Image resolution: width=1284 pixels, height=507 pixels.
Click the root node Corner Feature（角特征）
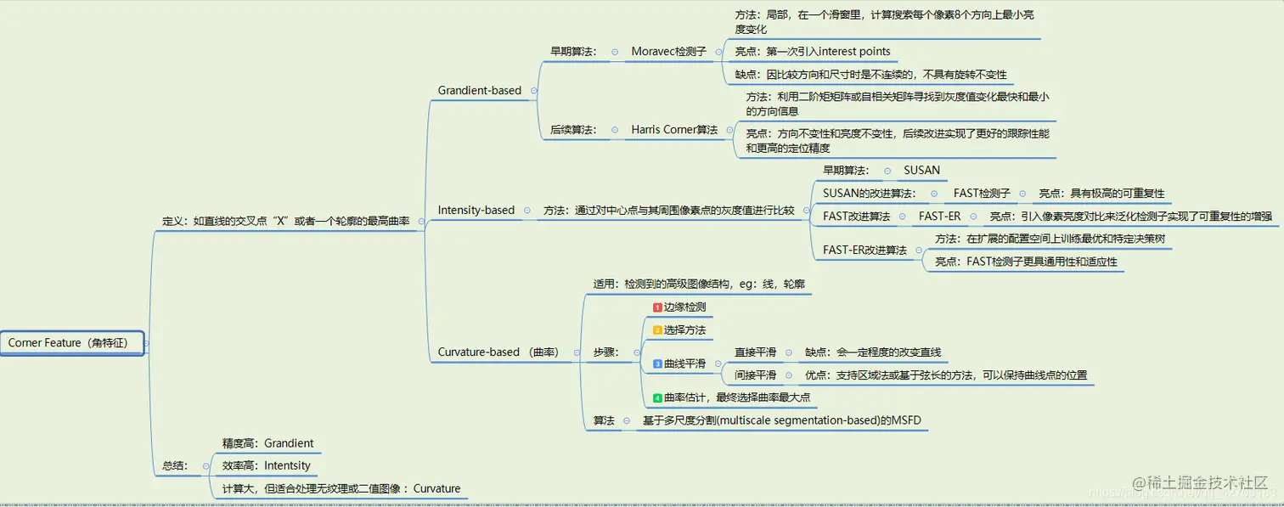click(x=72, y=343)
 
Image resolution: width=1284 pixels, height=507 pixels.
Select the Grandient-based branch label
click(x=479, y=90)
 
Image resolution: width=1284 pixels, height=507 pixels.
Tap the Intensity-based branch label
click(x=476, y=210)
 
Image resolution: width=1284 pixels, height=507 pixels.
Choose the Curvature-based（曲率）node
click(x=498, y=352)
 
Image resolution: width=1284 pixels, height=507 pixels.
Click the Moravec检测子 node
click(x=668, y=51)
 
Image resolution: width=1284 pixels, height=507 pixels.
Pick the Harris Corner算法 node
click(x=674, y=130)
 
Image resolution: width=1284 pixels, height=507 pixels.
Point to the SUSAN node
click(x=921, y=170)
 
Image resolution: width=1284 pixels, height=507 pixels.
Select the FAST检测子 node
click(x=982, y=194)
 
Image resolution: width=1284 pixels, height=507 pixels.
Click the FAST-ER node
click(x=939, y=217)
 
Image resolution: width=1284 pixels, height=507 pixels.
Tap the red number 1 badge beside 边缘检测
click(x=657, y=307)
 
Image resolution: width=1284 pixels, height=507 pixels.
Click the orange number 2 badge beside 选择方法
click(x=657, y=330)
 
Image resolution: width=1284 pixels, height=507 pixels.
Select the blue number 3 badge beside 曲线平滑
click(x=657, y=364)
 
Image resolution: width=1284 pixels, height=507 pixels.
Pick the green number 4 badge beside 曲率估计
click(x=657, y=397)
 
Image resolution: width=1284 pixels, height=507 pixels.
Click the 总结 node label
click(x=174, y=465)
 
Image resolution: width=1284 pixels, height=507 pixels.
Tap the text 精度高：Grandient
click(x=267, y=443)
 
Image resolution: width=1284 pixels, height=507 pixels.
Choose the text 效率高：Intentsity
click(x=266, y=465)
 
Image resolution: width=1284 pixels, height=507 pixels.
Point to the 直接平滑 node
click(x=755, y=352)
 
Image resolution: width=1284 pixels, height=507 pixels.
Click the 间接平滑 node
click(x=755, y=375)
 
